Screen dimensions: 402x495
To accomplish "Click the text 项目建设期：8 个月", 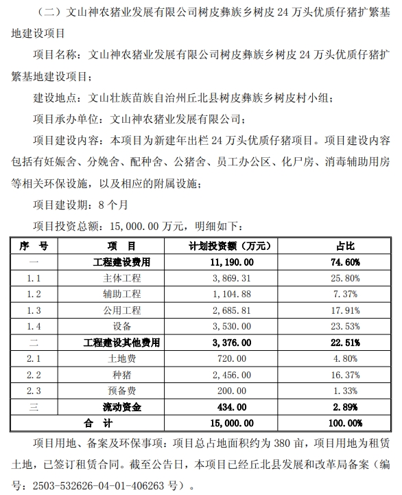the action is [x=81, y=204].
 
